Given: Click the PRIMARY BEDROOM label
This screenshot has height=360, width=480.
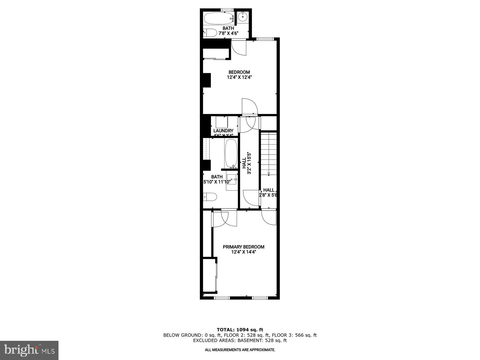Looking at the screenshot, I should pyautogui.click(x=243, y=247).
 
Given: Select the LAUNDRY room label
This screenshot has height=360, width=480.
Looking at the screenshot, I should pyautogui.click(x=223, y=131).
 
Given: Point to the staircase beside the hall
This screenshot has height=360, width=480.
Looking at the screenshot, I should pyautogui.click(x=268, y=153).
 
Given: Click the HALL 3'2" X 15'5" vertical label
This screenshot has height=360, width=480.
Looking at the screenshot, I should pyautogui.click(x=246, y=163).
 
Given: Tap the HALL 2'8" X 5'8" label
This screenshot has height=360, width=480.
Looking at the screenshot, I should pyautogui.click(x=268, y=192).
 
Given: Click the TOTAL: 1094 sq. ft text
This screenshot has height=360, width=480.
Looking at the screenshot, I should pyautogui.click(x=240, y=330).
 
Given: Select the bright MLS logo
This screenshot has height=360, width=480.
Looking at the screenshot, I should pyautogui.click(x=29, y=350).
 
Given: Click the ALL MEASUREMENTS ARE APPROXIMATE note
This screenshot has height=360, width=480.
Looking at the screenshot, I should pyautogui.click(x=240, y=350).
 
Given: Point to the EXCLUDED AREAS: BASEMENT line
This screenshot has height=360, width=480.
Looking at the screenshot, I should pyautogui.click(x=240, y=340).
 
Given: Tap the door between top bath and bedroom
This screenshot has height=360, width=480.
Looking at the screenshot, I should pyautogui.click(x=239, y=47).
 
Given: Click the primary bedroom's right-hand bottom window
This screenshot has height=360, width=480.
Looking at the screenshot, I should pyautogui.click(x=259, y=298).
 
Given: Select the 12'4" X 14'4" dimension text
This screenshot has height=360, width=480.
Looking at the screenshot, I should pyautogui.click(x=243, y=252).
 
